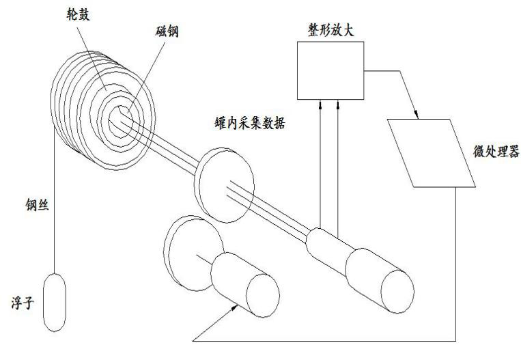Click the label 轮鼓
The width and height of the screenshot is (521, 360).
pos(78,15)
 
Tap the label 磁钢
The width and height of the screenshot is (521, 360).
pos(167,31)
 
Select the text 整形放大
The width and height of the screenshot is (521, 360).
pos(330,30)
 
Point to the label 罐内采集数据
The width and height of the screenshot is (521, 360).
pos(250,123)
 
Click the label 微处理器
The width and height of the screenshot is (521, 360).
pos(496,152)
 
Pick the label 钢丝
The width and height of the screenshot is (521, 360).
pos(37,205)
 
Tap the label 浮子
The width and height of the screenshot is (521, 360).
pos(23,303)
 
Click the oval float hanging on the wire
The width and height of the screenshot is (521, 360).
pos(55,302)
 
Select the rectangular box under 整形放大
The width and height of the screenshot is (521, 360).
pos(330,70)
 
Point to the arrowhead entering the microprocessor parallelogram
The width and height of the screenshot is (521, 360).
pos(415,114)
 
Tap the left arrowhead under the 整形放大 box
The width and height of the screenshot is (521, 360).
pos(320,105)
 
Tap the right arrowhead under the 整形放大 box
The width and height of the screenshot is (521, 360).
pos(338,105)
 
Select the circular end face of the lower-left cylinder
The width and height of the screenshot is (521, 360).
pos(263,296)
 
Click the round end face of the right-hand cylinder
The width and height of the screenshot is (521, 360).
pos(397,292)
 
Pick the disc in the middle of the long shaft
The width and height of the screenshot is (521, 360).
pos(224,185)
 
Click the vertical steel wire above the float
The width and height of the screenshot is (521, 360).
pos(53,200)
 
